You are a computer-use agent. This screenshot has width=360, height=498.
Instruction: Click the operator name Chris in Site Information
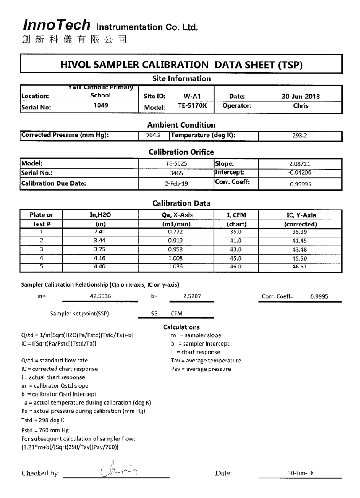[297, 106]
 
